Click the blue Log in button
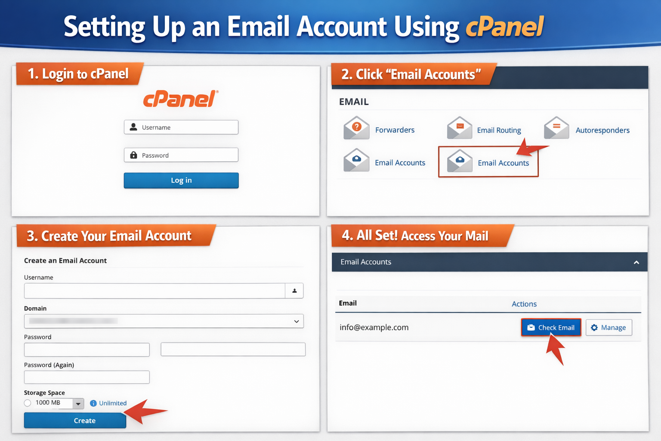click(x=181, y=180)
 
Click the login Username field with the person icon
click(x=181, y=127)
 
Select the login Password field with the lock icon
click(x=181, y=155)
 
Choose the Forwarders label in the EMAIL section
click(x=395, y=130)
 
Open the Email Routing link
click(x=499, y=130)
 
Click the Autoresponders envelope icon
click(x=556, y=128)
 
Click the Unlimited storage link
click(x=113, y=403)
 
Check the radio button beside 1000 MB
click(x=28, y=403)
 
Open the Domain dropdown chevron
click(x=297, y=321)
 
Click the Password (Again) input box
click(x=87, y=377)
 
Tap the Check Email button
click(x=551, y=328)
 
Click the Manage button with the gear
click(x=608, y=328)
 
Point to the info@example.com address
click(x=374, y=327)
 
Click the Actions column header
click(x=524, y=304)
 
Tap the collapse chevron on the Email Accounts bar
click(x=636, y=262)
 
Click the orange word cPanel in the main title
click(x=505, y=27)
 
